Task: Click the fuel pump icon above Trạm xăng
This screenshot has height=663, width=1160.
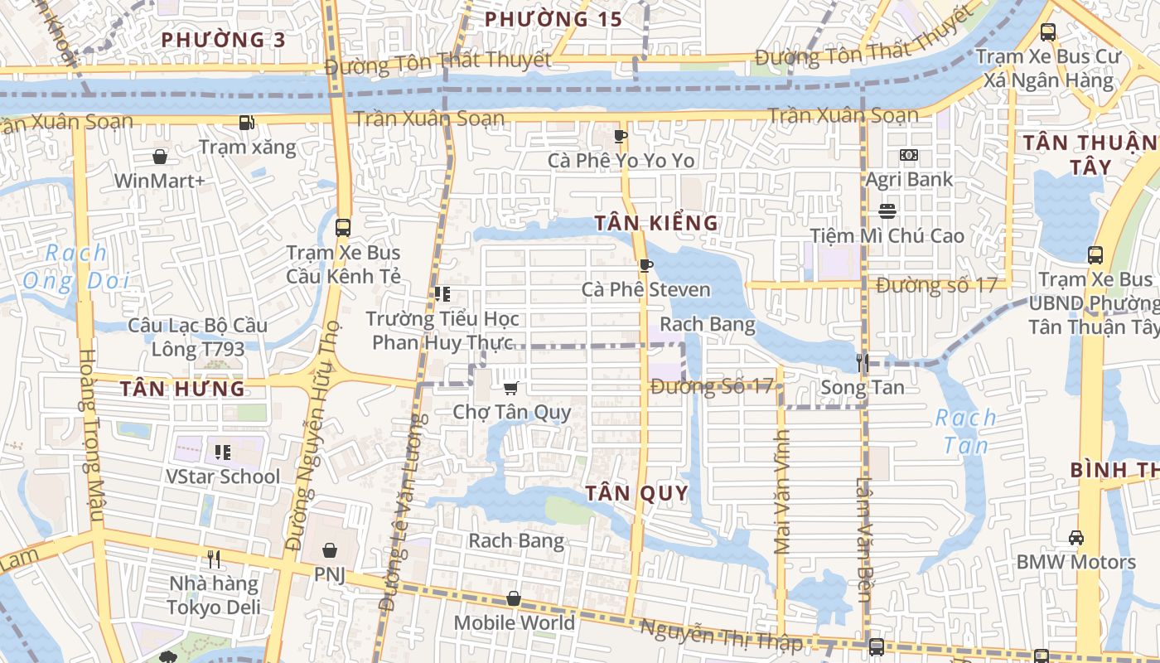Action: click(246, 123)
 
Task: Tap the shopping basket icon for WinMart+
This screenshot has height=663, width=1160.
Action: click(160, 156)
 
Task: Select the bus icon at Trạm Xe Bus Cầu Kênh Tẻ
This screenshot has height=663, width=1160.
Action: click(342, 227)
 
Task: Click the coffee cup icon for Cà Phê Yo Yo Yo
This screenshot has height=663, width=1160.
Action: click(620, 136)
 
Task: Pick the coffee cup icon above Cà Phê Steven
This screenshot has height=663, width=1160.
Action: click(645, 265)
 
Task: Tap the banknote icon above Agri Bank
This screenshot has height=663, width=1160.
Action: click(909, 155)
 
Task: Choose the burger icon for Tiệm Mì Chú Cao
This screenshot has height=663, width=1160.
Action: click(887, 211)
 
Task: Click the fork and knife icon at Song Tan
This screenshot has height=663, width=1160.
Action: click(862, 362)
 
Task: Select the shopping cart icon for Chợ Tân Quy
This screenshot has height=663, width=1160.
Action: click(511, 388)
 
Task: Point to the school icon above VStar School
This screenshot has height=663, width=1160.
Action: click(222, 452)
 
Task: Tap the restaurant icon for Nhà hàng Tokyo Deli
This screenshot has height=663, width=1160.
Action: click(214, 559)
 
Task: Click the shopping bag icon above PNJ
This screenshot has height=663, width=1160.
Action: click(330, 549)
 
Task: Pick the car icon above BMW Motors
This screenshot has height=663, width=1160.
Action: click(1075, 538)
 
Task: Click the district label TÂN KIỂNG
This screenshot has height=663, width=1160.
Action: click(656, 223)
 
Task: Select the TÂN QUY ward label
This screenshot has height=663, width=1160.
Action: click(637, 494)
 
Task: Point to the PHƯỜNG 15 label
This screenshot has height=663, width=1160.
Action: click(553, 19)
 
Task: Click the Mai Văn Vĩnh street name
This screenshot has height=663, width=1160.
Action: click(782, 497)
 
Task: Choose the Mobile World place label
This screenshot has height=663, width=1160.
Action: click(514, 623)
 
